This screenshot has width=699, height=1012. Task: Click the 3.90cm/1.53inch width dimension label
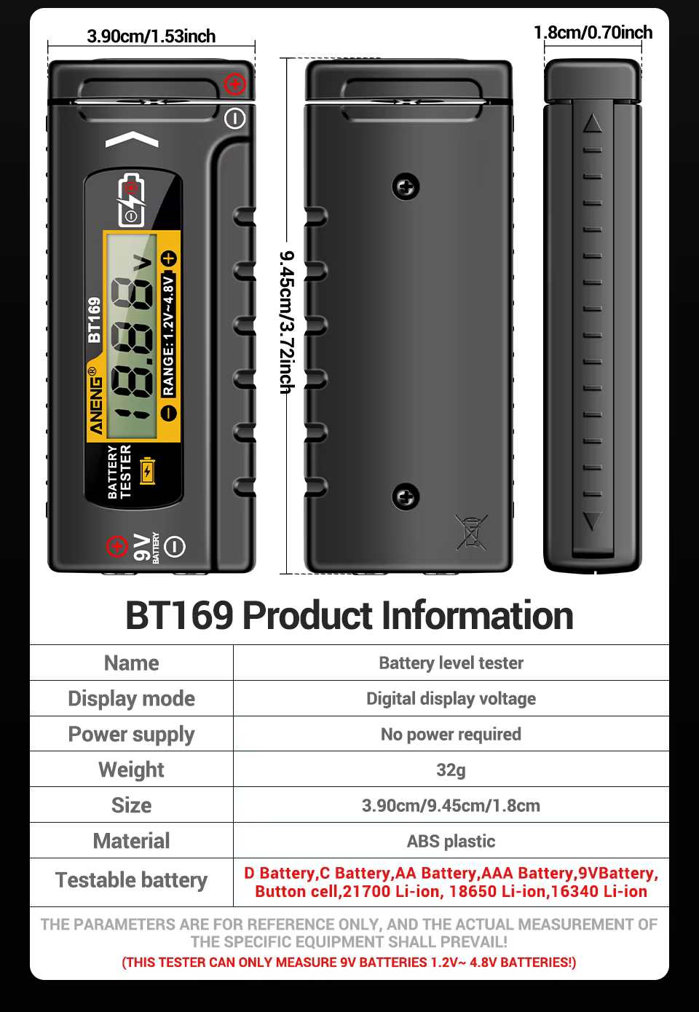(151, 36)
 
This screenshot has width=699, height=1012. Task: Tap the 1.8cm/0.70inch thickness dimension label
(593, 33)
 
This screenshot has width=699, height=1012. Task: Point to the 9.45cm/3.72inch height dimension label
(288, 322)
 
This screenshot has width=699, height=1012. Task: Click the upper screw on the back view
(406, 187)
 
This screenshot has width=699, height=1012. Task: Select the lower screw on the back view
(406, 497)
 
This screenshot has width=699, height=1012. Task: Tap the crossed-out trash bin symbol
(472, 531)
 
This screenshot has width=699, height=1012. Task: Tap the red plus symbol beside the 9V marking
(116, 546)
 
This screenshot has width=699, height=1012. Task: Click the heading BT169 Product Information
(349, 615)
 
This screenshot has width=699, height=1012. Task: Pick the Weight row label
(131, 770)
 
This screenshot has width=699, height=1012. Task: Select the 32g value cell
(451, 770)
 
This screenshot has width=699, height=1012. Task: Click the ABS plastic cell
(451, 841)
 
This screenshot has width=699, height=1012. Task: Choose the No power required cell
(451, 734)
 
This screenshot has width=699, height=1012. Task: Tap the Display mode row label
(131, 698)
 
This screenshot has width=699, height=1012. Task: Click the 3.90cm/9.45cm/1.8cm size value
(451, 805)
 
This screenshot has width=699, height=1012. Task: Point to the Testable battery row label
(131, 880)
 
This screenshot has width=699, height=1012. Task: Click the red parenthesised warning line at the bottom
(349, 962)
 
